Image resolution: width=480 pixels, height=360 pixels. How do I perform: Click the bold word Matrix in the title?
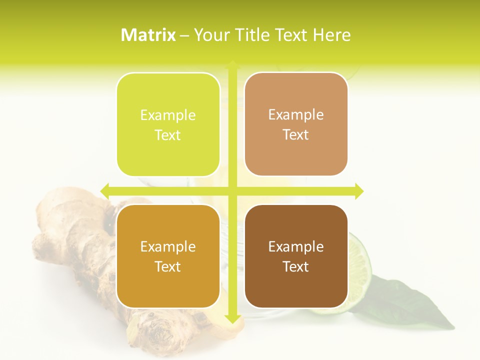coord(148,35)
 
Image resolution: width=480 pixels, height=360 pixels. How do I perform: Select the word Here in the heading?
coord(332,35)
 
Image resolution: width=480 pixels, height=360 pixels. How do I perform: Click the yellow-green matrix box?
coord(168,124)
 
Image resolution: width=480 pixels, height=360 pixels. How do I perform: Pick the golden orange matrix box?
coord(168,256)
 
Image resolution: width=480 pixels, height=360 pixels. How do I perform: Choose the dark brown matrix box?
coord(296,256)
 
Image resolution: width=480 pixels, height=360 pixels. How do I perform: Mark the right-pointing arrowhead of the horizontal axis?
coord(358,191)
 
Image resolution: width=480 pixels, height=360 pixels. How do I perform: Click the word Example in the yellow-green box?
coord(168,115)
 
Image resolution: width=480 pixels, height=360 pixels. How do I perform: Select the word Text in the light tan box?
coord(296,134)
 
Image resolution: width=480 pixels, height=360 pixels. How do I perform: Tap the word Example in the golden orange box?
coord(168,247)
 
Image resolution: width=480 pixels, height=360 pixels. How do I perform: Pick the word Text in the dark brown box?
coord(296,266)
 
